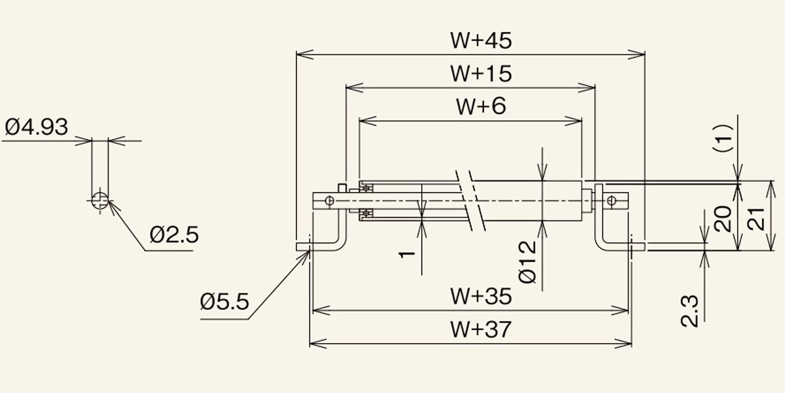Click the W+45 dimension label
[481, 41]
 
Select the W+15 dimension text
[481, 73]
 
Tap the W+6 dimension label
[481, 106]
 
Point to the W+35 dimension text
[481, 296]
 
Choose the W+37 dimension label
[481, 329]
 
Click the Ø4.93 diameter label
[37, 126]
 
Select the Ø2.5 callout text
[174, 234]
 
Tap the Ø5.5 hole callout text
[224, 302]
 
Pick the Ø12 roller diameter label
[527, 262]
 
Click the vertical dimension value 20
[723, 219]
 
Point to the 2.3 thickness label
[689, 311]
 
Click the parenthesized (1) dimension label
[723, 138]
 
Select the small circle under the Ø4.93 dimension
[100, 200]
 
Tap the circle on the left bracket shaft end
[330, 200]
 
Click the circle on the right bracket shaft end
[612, 200]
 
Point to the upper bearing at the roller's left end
[366, 188]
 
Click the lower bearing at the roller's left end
[366, 213]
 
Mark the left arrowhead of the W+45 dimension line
[305, 54]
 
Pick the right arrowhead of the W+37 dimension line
[623, 343]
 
